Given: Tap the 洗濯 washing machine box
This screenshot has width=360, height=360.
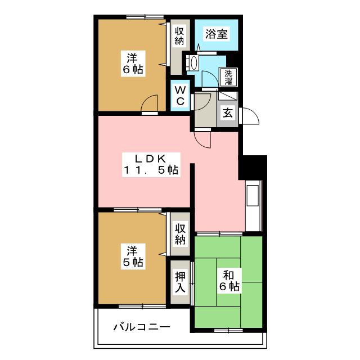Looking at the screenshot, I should [x=228, y=77].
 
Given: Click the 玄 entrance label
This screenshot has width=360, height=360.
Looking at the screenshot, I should [x=227, y=112].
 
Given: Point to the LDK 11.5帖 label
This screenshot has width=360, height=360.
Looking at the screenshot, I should [x=151, y=164].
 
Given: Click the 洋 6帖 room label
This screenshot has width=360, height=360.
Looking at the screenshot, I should [x=133, y=64].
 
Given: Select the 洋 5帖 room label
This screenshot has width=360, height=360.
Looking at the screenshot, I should [x=133, y=256].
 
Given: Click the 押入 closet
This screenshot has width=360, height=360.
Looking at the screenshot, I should [x=180, y=282].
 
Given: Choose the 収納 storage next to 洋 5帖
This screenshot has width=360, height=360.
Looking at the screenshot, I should [x=180, y=234].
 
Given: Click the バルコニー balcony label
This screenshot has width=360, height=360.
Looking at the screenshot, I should [x=141, y=326].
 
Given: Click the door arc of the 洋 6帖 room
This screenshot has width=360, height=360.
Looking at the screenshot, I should [x=149, y=104].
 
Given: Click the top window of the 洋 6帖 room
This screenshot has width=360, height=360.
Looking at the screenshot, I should [x=140, y=17].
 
